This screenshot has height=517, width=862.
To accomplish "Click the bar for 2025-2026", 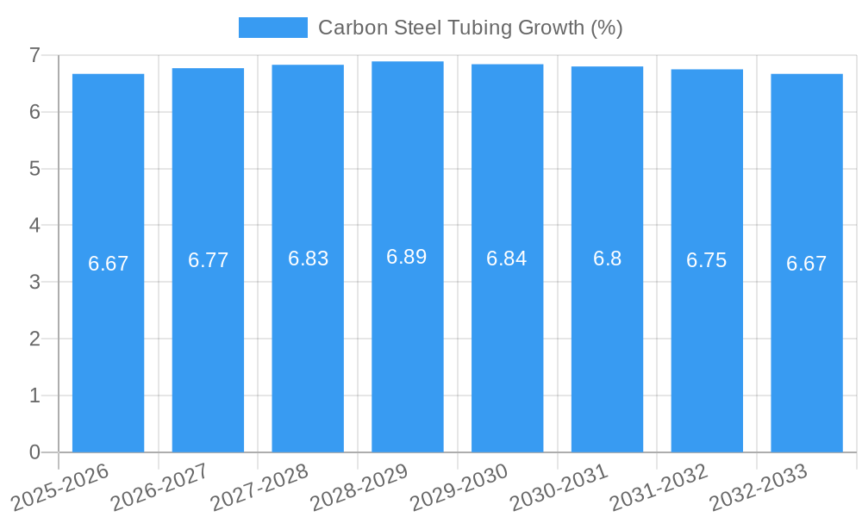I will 108,345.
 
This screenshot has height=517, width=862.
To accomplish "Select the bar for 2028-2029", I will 408,345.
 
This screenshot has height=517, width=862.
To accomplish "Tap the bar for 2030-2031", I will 607,345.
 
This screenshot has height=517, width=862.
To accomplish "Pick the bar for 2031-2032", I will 707,345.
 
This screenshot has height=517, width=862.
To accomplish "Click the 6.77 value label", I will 208,260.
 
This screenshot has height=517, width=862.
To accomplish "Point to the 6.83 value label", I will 308,258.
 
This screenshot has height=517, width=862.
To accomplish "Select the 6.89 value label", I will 407,257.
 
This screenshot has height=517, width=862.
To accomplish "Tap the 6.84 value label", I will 507,258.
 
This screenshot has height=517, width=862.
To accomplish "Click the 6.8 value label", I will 607,258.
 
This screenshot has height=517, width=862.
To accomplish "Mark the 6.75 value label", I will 707,260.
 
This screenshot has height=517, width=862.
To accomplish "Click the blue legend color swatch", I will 272,28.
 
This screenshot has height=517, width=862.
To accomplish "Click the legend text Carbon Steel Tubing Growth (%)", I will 470,28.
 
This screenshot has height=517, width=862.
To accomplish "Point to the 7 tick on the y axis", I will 34,55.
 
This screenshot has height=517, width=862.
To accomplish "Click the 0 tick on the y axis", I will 34,452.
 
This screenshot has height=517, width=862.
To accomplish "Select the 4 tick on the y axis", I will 34,225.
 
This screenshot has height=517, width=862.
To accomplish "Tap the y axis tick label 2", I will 34,339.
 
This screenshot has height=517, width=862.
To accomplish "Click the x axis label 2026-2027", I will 160,488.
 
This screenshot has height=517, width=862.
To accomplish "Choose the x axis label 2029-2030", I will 459,488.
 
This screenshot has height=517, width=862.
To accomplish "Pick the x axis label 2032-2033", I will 759,488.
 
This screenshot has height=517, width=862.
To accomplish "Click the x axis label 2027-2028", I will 259,488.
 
